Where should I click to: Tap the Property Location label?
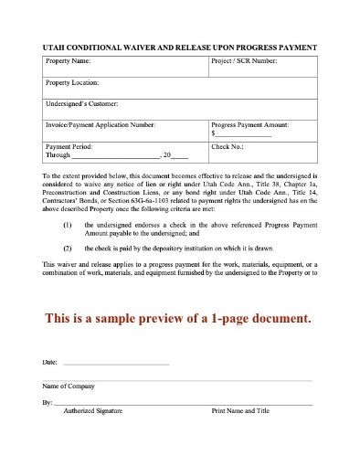pos(73,83)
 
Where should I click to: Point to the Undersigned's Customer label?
pos(79,105)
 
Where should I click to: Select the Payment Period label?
pos(69,146)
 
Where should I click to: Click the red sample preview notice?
pos(178,319)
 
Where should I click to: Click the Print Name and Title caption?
pos(240,411)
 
